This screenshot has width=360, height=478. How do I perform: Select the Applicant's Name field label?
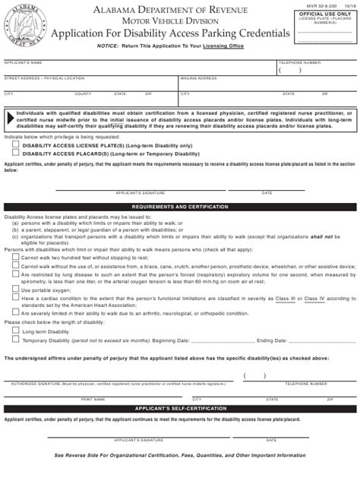point(23,61)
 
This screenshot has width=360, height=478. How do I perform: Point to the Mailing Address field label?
point(199,78)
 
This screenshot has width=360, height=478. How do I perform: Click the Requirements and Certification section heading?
point(179,207)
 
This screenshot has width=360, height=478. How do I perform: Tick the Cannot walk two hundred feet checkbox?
point(16,258)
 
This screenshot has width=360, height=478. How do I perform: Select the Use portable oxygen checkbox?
point(16,290)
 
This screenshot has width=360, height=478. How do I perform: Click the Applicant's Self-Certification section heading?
point(179,408)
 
